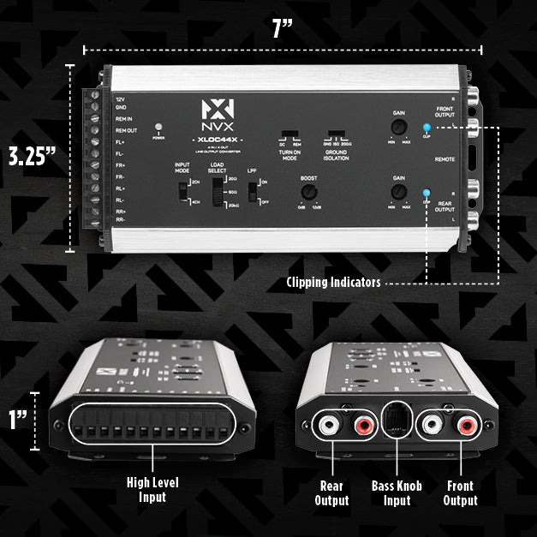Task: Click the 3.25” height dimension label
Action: (x=33, y=158)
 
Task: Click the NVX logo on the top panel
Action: (x=215, y=115)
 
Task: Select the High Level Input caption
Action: (x=153, y=490)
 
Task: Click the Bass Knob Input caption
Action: (x=396, y=493)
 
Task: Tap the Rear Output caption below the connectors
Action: (x=331, y=493)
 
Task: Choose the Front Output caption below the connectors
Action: (x=460, y=493)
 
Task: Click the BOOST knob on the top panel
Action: (x=309, y=192)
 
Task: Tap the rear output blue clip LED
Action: (x=427, y=193)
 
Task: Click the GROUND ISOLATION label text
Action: (x=336, y=155)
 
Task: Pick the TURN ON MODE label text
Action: (x=290, y=155)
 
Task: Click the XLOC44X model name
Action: (x=215, y=138)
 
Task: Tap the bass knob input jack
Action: (x=396, y=422)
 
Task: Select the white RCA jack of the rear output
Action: (x=329, y=424)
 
